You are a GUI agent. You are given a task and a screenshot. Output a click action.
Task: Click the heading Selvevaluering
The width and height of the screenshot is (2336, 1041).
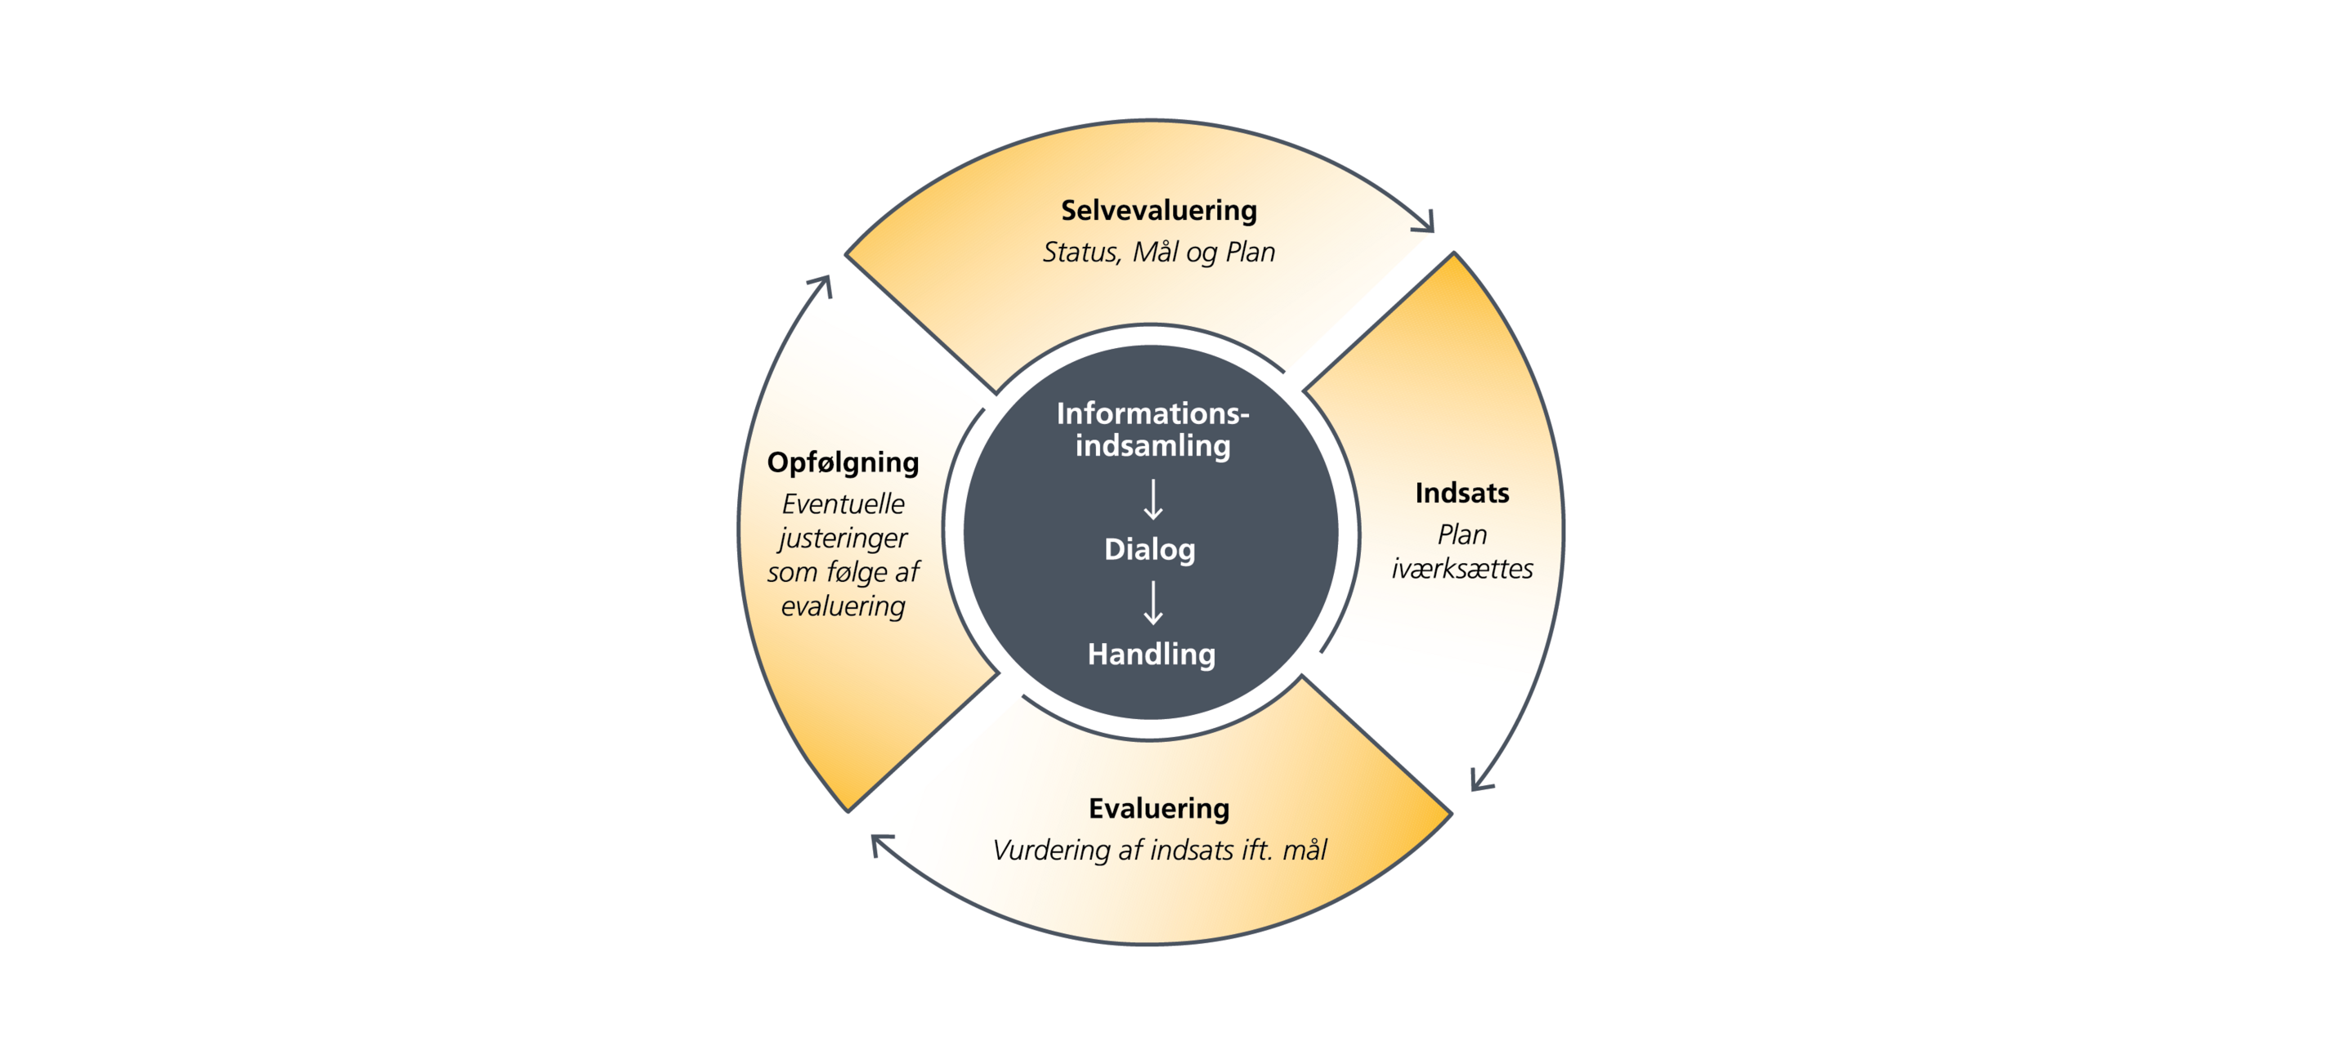coord(1159,210)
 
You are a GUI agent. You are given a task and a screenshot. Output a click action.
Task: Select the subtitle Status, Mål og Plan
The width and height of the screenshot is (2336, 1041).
coord(1159,252)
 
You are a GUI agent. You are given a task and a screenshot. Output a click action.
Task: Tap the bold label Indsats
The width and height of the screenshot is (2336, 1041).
coord(1461,493)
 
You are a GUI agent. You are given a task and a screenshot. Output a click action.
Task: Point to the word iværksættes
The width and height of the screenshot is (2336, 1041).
coord(1461,569)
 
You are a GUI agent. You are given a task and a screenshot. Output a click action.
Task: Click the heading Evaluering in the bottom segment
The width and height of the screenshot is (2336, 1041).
coord(1159,808)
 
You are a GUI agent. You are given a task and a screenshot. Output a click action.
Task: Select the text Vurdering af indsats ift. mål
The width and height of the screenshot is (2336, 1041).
coord(1159,850)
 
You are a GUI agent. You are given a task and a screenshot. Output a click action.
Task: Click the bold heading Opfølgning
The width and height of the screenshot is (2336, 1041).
coord(844,462)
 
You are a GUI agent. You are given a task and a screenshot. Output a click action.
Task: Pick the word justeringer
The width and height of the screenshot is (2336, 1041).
coord(844,538)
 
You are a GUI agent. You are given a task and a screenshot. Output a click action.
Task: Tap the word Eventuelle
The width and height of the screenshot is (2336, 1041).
coord(844,503)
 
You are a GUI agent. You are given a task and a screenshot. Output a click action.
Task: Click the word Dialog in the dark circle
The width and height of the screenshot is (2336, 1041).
coord(1150,550)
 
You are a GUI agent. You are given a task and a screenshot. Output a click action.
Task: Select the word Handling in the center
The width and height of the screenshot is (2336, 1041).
coord(1151,654)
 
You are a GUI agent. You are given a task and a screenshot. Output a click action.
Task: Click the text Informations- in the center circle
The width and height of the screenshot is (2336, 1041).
coord(1152,413)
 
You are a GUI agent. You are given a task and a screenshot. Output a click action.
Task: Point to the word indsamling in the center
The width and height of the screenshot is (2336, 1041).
coord(1152,445)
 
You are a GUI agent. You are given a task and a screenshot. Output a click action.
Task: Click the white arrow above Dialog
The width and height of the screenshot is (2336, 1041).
coord(1152,499)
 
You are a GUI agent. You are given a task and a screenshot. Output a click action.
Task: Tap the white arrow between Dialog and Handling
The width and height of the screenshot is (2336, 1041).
coord(1152,603)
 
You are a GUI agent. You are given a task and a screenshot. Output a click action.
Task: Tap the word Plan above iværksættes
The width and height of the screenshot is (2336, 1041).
coord(1461,534)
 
